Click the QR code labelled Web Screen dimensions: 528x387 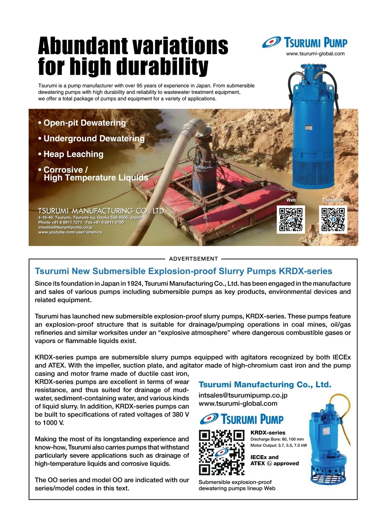click(291, 219)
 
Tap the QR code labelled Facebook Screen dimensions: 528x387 click(333, 219)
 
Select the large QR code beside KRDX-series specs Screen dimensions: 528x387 click(222, 452)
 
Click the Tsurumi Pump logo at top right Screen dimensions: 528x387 click(304, 43)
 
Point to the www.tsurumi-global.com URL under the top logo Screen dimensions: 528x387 click(315, 54)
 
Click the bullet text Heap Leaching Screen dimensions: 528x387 click(73, 154)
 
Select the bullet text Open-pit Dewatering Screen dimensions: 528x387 click(84, 123)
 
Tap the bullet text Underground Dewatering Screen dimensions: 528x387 click(94, 139)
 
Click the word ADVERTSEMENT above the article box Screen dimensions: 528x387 click(193, 259)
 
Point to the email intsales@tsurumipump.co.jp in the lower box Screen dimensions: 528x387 click(243, 395)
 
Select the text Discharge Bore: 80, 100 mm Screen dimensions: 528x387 click(277, 439)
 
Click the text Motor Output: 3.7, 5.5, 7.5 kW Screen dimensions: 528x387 click(279, 446)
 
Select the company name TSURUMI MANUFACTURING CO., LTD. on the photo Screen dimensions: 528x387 click(102, 211)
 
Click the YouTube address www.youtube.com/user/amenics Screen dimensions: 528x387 click(70, 232)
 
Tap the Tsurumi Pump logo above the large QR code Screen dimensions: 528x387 click(242, 419)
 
